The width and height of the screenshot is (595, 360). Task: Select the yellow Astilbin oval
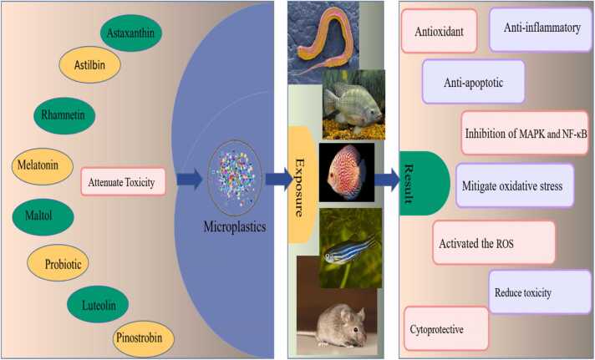[x=89, y=64]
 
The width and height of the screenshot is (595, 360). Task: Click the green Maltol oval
[x=43, y=216]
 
